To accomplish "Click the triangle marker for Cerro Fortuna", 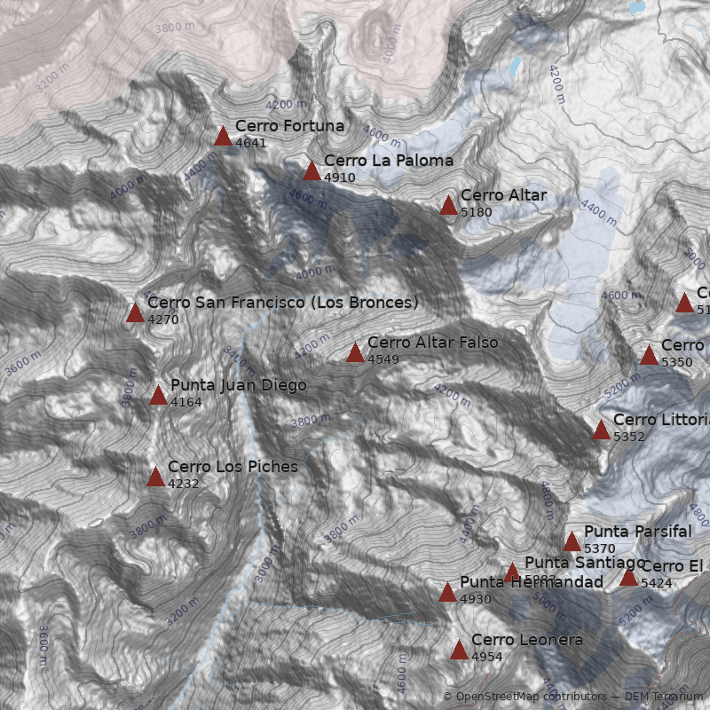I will (223, 136).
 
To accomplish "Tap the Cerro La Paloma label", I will (389, 161).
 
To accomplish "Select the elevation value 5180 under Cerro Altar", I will (477, 213).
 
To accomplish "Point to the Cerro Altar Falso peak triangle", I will (355, 353).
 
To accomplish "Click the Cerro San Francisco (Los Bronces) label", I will (283, 303).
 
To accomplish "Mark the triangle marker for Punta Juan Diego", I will (158, 396).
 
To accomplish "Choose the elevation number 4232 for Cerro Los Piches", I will (183, 485).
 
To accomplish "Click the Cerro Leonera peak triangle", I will (459, 651).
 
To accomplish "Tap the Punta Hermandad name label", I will (532, 582).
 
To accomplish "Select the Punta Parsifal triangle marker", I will (572, 542).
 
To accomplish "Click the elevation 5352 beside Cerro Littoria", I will (629, 437).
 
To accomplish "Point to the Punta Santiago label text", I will (585, 563).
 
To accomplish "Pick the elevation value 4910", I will (340, 177).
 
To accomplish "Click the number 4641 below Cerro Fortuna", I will (251, 143).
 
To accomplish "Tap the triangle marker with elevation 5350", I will (649, 356).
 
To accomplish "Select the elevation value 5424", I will (657, 584).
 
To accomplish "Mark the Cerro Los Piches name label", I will (233, 467).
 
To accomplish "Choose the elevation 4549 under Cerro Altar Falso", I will (383, 359).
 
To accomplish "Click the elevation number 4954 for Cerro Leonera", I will (487, 657).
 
